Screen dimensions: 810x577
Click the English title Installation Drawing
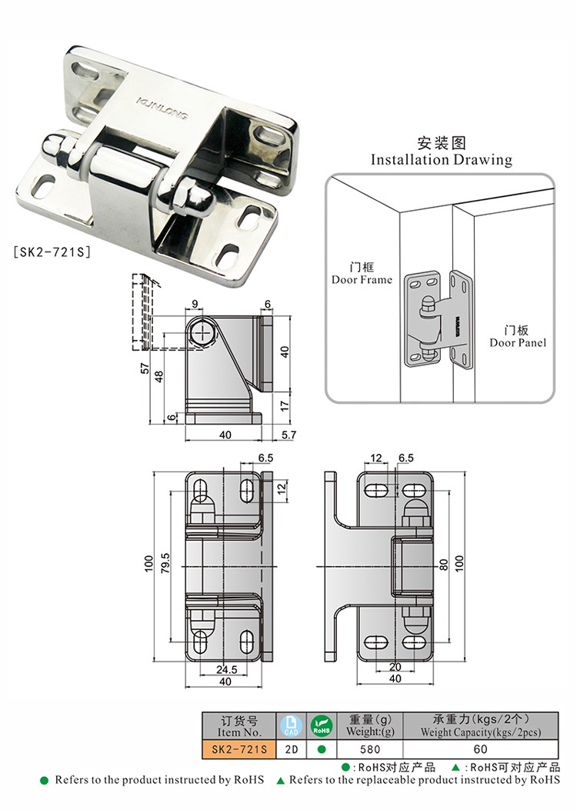tap(441, 160)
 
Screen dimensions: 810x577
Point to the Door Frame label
tap(362, 279)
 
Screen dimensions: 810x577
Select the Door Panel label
tap(518, 342)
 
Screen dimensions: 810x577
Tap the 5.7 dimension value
tap(289, 435)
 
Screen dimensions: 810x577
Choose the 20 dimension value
tap(395, 667)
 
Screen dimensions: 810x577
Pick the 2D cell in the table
tap(290, 748)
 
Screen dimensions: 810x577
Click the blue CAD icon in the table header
tap(290, 725)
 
